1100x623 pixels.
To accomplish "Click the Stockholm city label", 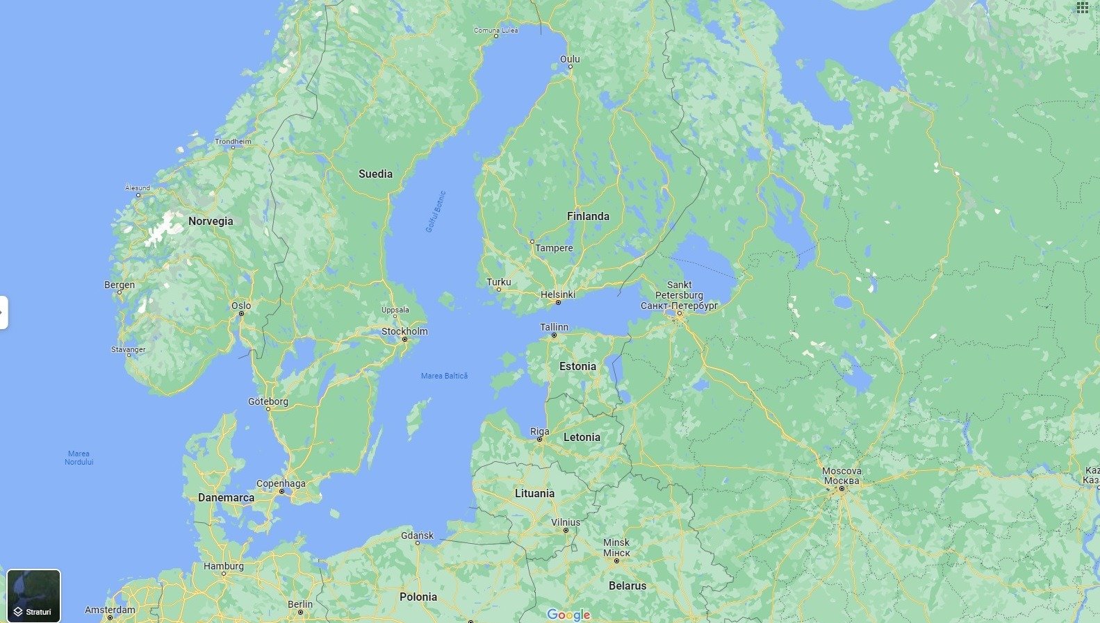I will (404, 331).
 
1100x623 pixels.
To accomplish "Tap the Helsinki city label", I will (558, 294).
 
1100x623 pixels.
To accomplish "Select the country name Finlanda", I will (588, 216).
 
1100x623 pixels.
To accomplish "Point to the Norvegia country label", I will (211, 221).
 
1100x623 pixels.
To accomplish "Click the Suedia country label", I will (375, 174).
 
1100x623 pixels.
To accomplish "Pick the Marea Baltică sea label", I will (444, 376).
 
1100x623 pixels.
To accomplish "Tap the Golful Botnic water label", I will (435, 211).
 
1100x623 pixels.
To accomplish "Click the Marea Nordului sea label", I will (79, 458).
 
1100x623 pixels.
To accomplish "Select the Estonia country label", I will (577, 366).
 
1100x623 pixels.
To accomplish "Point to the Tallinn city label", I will (554, 327).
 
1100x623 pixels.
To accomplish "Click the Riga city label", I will (539, 431).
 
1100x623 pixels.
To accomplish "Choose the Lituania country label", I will (534, 493).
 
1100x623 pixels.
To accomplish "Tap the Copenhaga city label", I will (281, 483).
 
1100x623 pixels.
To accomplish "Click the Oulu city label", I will (570, 59).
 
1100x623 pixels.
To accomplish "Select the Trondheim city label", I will (233, 142).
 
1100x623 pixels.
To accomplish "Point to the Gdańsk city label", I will (417, 535).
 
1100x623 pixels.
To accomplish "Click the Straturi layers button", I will (34, 595).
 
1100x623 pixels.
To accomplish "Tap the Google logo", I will (568, 615).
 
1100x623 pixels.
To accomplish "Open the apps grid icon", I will (1083, 8).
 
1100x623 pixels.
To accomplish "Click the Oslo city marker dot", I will (241, 313).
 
